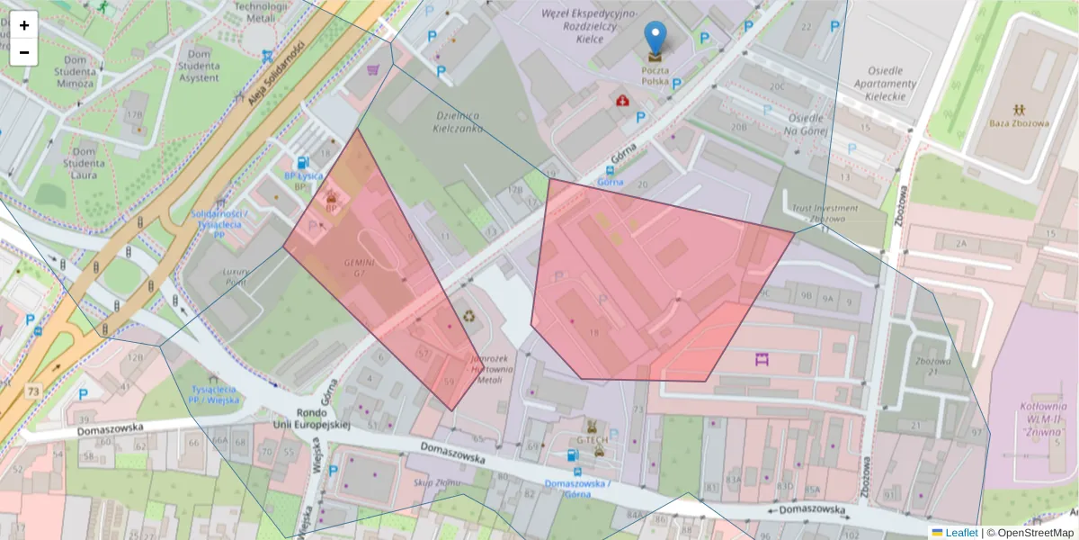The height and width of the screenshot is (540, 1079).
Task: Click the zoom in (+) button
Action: (x=24, y=25)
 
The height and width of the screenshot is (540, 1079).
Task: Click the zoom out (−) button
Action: (x=24, y=52)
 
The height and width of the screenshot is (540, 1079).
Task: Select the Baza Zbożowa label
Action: (x=1019, y=123)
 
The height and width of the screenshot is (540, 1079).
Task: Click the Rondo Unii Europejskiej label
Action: (x=311, y=419)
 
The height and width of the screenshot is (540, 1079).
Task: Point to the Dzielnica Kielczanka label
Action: (x=458, y=122)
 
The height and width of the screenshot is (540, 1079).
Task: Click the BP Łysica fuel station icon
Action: (x=303, y=162)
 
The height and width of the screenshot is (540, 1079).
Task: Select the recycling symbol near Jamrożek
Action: (x=468, y=316)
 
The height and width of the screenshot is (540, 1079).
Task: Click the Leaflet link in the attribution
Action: (x=960, y=533)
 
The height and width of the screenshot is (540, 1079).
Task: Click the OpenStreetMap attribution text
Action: (x=1030, y=533)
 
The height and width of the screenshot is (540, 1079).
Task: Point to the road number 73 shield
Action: (x=33, y=391)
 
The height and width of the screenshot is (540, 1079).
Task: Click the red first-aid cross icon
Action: (x=622, y=100)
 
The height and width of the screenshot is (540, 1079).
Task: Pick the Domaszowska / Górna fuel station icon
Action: (x=574, y=455)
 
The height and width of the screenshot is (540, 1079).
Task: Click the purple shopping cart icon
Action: (x=372, y=69)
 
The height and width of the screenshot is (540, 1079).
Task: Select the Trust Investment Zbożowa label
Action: (x=825, y=213)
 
